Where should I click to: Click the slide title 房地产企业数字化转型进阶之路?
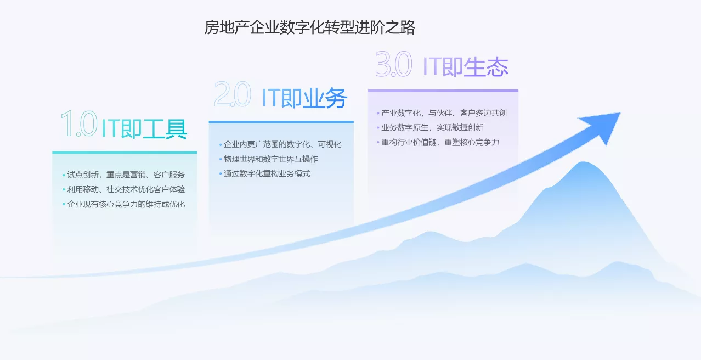pos(309,27)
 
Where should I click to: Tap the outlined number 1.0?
pos(79,123)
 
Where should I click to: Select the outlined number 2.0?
pos(232,94)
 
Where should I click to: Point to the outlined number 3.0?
pos(393,64)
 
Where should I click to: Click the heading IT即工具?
pos(144,128)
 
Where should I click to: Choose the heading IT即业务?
pos(304,98)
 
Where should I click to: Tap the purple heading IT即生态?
pos(465,67)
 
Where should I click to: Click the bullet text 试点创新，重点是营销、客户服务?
pos(126,175)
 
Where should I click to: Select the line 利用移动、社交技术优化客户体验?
pos(126,189)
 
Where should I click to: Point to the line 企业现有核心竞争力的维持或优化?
pos(126,204)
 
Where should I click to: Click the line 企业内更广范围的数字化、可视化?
pos(282,144)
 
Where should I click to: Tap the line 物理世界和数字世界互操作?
pos(271,159)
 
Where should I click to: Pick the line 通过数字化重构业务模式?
pos(267,174)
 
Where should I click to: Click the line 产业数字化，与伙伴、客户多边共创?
pos(444,113)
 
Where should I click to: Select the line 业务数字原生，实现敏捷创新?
pos(432,128)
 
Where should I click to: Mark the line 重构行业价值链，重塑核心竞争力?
pos(440,143)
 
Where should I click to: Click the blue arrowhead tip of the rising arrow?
pos(620,113)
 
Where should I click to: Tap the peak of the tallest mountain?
pos(583,162)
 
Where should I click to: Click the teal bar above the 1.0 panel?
pos(125,153)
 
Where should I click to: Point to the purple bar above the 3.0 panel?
pos(443,91)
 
